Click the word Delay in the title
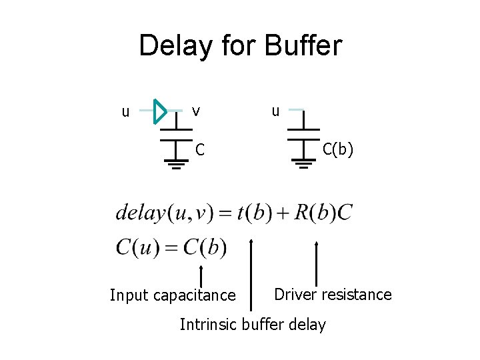point(176,46)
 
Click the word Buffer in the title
point(303,46)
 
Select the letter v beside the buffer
point(195,110)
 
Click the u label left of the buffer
point(125,111)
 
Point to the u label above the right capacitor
point(275,110)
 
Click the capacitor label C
point(199,149)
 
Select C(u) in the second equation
point(139,248)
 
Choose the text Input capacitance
point(173,295)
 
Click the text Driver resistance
point(333,294)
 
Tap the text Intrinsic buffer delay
point(253,325)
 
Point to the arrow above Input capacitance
point(201,275)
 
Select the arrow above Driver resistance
point(316,263)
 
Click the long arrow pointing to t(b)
point(251,273)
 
